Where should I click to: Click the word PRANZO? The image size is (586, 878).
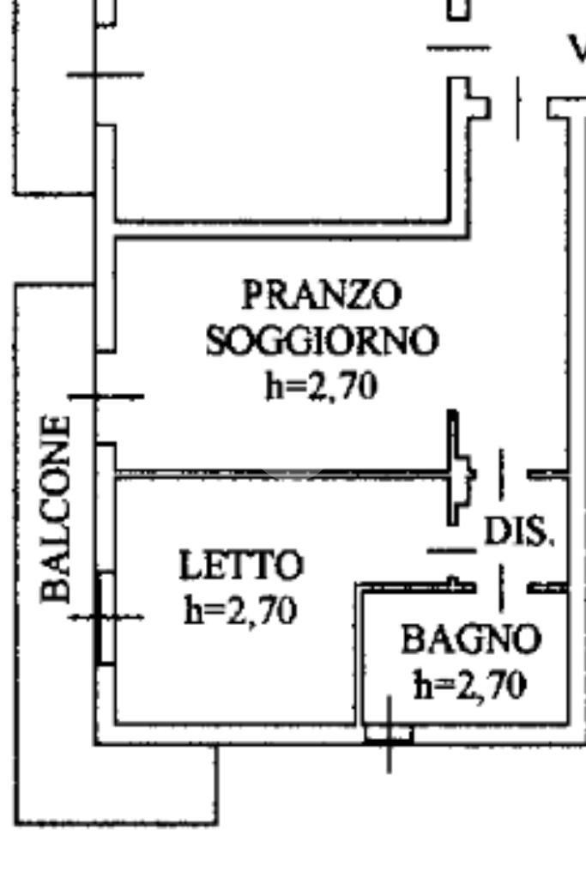coord(321,295)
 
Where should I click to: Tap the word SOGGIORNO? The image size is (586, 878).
coord(322,341)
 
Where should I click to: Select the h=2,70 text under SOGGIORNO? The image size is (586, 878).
coord(321,386)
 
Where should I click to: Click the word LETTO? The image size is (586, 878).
coord(241,566)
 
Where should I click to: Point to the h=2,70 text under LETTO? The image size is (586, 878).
coord(241,611)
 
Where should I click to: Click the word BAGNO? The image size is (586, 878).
coord(471,639)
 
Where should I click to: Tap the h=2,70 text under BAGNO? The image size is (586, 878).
coord(469,685)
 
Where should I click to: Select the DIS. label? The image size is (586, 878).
coord(519,532)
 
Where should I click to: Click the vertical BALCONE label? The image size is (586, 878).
coord(57,508)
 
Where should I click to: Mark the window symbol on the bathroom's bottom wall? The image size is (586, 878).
coord(389,734)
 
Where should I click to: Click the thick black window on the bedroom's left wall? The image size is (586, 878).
coord(106,618)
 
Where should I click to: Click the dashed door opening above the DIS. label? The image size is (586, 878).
coord(502,474)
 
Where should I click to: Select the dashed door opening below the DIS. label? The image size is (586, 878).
coord(502,587)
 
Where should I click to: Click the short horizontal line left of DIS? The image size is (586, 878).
coord(450,549)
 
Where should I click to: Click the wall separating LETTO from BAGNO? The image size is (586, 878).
coord(358,652)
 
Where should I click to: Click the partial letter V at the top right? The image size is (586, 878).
coord(577,50)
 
